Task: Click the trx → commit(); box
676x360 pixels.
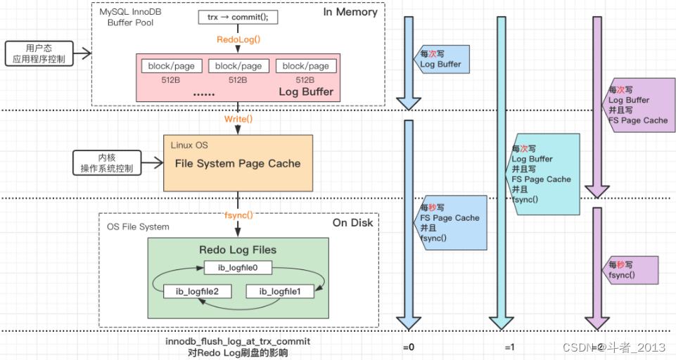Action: pyautogui.click(x=238, y=18)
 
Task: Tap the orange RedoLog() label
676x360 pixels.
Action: pyautogui.click(x=238, y=41)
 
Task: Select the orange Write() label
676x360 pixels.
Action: pyautogui.click(x=238, y=119)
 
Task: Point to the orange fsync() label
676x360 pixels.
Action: pyautogui.click(x=238, y=215)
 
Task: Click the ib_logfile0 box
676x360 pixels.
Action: pyautogui.click(x=238, y=267)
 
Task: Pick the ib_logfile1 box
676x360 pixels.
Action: pyautogui.click(x=279, y=291)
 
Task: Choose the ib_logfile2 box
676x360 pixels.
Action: pyautogui.click(x=198, y=291)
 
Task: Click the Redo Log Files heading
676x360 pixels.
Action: pyautogui.click(x=238, y=250)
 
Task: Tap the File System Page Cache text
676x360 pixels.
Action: pyautogui.click(x=238, y=164)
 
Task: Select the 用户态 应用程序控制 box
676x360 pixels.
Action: pyautogui.click(x=39, y=53)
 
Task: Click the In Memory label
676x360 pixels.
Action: pyautogui.click(x=350, y=12)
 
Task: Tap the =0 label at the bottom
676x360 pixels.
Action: pyautogui.click(x=408, y=347)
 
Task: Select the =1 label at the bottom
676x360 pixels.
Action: pyautogui.click(x=510, y=347)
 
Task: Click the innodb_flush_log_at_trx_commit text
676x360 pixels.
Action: pyautogui.click(x=238, y=341)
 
